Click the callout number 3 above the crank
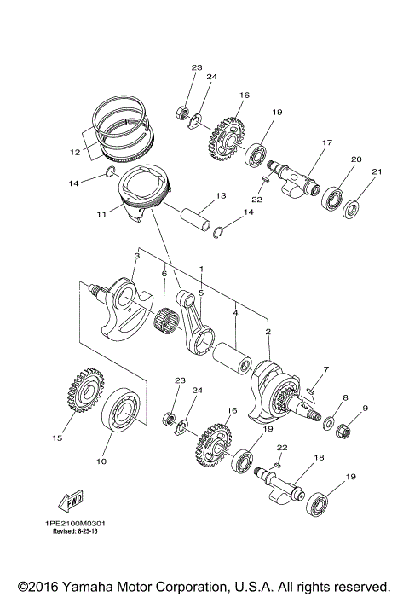136,255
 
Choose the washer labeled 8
327,420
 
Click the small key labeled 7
312,391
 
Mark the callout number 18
319,458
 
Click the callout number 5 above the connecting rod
200,293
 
